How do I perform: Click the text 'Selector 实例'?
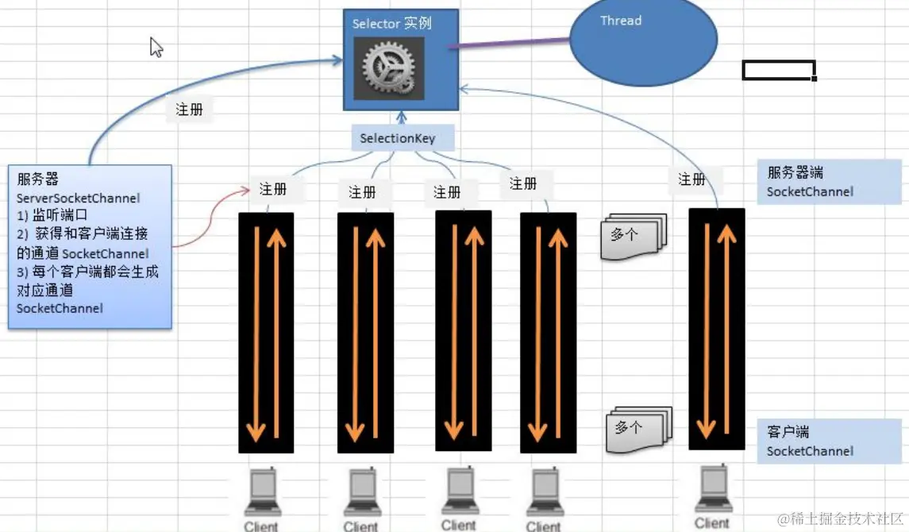(392, 23)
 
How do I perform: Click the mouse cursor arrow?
(156, 47)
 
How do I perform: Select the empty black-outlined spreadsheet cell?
(778, 70)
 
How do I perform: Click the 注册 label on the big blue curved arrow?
(190, 110)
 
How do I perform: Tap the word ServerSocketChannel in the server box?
(78, 199)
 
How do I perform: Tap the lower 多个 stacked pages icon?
(637, 429)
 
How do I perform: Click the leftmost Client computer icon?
(263, 493)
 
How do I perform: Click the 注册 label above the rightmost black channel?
(692, 179)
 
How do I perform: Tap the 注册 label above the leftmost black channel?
(273, 189)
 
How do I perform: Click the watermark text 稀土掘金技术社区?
(842, 519)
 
